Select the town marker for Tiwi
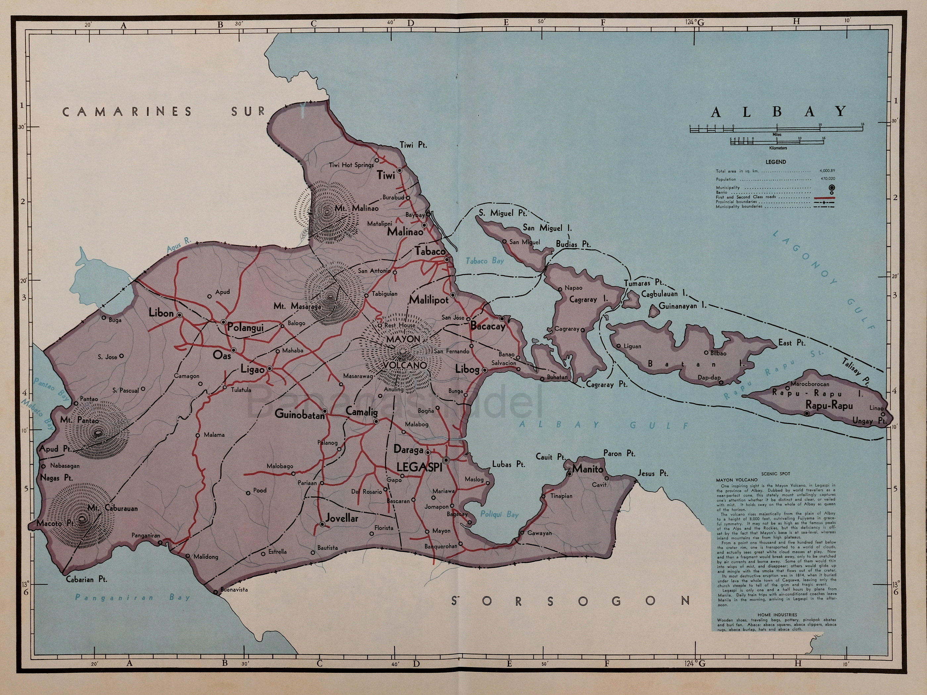(400, 170)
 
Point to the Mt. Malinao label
(356, 208)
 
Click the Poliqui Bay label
(499, 514)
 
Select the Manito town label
(588, 469)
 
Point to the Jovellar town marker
(322, 524)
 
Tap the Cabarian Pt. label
(86, 580)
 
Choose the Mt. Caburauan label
(113, 508)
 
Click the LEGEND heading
(776, 162)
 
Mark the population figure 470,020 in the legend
(827, 179)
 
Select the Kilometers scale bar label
(778, 148)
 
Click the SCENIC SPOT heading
(775, 474)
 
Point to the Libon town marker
(179, 315)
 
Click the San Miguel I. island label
(547, 228)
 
